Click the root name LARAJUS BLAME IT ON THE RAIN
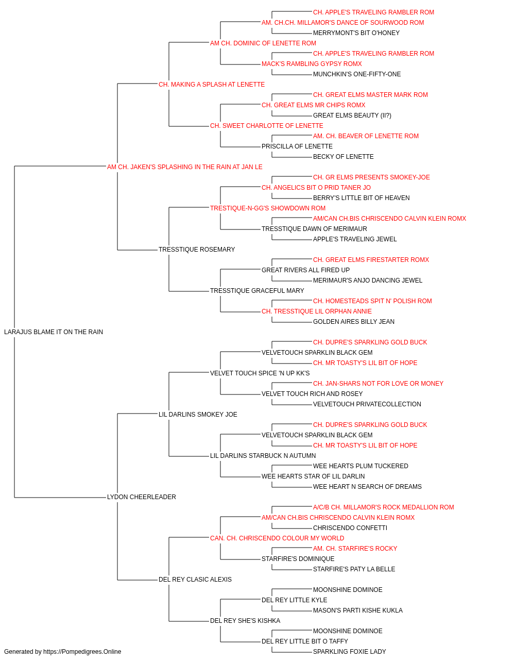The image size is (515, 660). coord(54,332)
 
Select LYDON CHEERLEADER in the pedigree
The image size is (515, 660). coord(141,497)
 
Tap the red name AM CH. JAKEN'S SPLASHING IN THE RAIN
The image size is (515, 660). coord(185,167)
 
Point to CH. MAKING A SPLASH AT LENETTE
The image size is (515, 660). coord(211,85)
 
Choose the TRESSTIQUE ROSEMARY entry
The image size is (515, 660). coord(197,250)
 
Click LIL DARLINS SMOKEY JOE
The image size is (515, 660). coord(198,415)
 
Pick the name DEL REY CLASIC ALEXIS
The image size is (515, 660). coord(195,580)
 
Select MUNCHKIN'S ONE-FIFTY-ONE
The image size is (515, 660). coord(357,74)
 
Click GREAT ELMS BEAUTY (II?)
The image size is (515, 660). coord(352,115)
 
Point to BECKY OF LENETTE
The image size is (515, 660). coord(343,157)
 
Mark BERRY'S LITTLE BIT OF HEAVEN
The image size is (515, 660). coord(361,198)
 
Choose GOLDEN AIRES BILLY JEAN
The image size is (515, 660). coord(354,322)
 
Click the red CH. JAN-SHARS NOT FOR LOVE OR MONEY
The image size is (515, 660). coord(378,384)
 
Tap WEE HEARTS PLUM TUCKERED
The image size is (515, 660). coord(360,466)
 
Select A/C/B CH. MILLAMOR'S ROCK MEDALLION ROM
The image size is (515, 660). coord(383,507)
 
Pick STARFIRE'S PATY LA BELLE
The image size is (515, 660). coord(354,569)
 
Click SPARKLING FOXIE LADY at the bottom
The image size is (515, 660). coord(349,652)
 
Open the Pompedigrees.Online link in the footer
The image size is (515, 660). coord(82,652)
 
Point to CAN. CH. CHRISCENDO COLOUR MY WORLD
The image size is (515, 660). coord(277,538)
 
